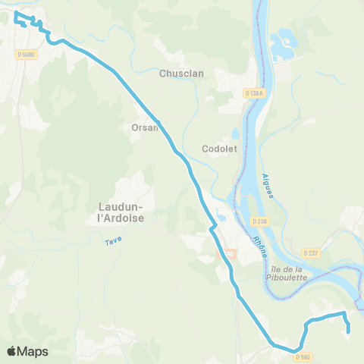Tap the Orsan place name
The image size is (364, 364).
(x=145, y=127)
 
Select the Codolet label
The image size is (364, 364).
(x=220, y=149)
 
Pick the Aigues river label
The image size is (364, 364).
(x=268, y=185)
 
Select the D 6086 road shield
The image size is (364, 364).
(x=27, y=54)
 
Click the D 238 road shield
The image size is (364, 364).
(x=262, y=221)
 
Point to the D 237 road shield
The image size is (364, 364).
(x=310, y=253)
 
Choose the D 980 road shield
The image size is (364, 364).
(x=303, y=356)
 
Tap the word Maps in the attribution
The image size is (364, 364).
(x=33, y=351)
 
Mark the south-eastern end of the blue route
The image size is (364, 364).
(x=348, y=331)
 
